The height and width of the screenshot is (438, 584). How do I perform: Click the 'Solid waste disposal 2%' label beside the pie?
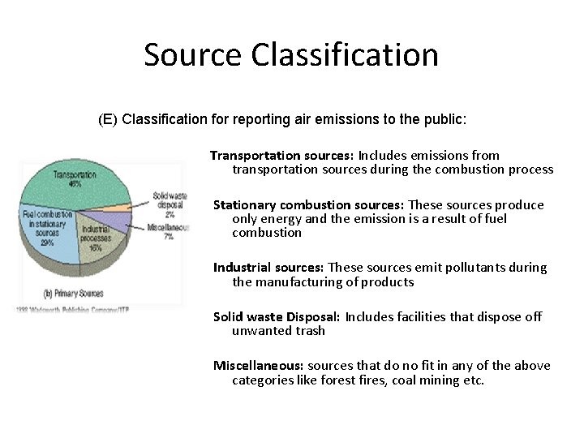coord(170,205)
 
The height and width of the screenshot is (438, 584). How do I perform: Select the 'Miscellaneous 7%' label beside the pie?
coord(169,232)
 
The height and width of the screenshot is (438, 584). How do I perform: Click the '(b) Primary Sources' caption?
coord(74,292)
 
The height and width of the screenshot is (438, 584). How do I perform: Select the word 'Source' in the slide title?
coord(193,54)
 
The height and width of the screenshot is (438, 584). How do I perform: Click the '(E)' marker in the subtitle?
coord(107,120)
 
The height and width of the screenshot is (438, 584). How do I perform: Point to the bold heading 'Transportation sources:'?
coord(281,155)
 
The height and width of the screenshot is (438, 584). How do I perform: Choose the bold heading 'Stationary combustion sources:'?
coord(308,204)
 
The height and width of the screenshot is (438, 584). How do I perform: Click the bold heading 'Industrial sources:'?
coord(268,268)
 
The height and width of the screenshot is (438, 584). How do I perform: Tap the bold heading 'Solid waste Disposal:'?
coord(277,316)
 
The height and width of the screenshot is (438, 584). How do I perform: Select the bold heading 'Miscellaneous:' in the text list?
coord(259,366)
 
